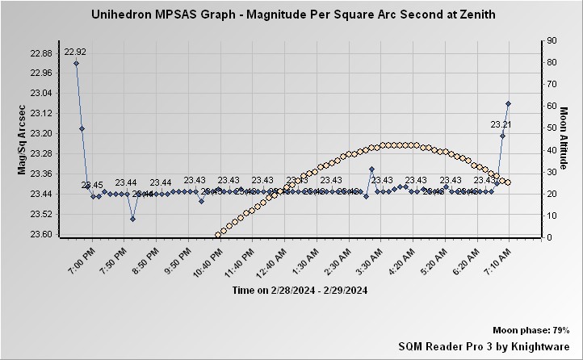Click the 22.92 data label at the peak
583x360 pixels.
75,52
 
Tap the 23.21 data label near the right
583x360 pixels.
501,124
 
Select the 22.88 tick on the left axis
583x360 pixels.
40,53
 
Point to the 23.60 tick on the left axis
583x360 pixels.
40,235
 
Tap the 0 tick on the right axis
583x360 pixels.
548,237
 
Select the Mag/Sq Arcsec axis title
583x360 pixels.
22,142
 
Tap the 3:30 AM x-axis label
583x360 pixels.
377,257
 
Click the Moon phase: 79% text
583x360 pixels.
531,331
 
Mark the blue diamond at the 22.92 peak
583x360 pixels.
76,63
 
